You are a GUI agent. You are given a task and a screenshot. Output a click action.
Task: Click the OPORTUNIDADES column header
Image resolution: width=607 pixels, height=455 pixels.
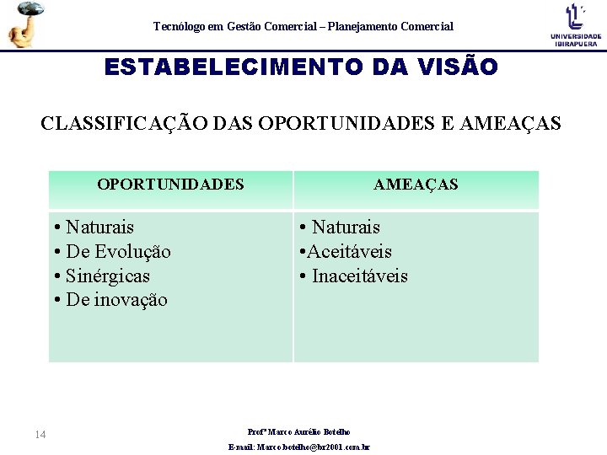tap(170, 184)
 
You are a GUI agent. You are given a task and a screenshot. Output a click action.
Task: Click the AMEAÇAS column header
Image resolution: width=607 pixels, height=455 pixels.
tap(416, 184)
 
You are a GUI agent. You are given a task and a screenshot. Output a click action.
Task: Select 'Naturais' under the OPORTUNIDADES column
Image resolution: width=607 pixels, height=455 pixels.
tap(99, 227)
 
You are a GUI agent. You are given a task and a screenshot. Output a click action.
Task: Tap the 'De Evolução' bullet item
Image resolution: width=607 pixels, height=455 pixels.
tap(117, 251)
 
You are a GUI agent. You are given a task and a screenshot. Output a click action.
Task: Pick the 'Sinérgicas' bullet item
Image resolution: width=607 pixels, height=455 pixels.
tap(107, 276)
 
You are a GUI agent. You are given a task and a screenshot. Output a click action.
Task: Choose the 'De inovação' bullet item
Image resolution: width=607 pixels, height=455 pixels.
tap(115, 300)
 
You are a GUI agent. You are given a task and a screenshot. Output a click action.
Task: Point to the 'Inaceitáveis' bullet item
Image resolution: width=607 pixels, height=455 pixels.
tap(359, 276)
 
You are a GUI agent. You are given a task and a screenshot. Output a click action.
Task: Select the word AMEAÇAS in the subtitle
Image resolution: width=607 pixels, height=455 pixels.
tap(510, 123)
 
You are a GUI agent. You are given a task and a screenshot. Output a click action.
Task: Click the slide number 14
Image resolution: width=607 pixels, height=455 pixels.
tap(40, 434)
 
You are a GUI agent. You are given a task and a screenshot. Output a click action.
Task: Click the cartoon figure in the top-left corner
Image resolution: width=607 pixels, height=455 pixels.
tap(24, 24)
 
